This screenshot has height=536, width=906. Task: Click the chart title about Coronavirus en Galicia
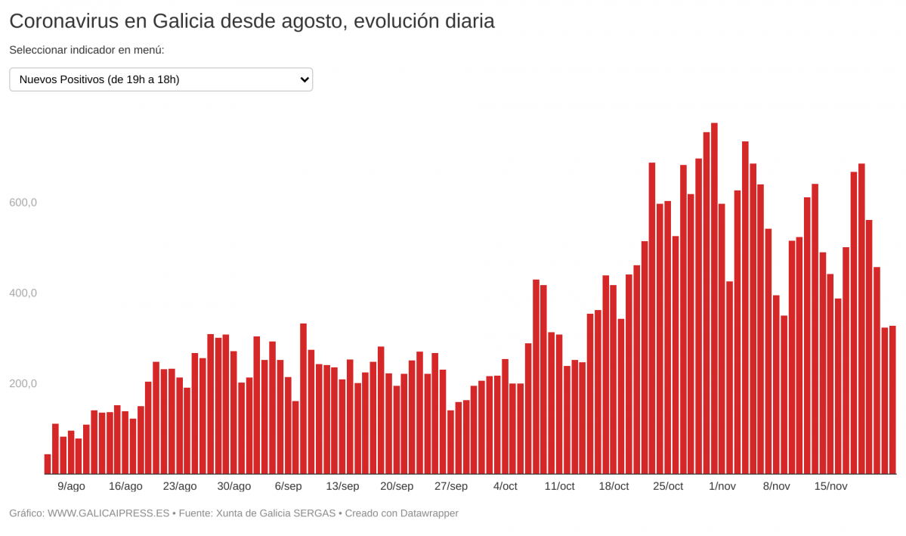[x=252, y=21]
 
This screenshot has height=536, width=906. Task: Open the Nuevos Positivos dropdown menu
[x=160, y=79]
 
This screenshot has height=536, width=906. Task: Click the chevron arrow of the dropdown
[x=304, y=79]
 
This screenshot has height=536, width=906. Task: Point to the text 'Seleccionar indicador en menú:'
[x=87, y=50]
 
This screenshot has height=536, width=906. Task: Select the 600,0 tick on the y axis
[x=23, y=203]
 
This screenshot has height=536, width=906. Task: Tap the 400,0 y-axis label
[x=23, y=293]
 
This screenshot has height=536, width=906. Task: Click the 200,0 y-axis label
[x=23, y=383]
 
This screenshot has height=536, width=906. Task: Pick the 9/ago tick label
[x=71, y=486]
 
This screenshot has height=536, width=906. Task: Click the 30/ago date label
[x=233, y=486]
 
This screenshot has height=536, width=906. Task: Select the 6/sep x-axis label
[x=288, y=486]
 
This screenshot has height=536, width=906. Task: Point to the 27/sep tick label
[x=450, y=486]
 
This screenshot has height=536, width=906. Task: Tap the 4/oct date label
[x=505, y=486]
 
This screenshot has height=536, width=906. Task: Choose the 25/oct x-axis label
[x=667, y=486]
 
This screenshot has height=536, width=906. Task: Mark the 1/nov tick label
[x=722, y=486]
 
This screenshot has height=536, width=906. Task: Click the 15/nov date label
[x=830, y=486]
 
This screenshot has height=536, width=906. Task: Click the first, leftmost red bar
[x=48, y=464]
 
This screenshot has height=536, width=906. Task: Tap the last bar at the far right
[x=892, y=400]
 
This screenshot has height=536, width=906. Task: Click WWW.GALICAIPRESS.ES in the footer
[x=108, y=513]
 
